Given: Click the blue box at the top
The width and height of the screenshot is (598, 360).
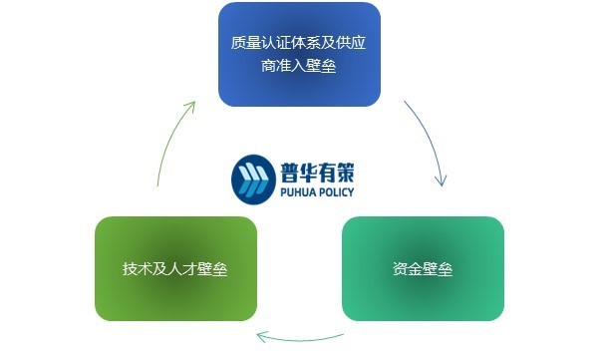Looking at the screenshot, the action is click(299, 55).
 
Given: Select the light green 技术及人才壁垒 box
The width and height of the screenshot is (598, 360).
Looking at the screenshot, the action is click(175, 269).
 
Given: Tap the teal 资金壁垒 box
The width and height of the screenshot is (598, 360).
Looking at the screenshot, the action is click(423, 269).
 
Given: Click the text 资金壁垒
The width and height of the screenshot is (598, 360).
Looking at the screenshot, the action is click(423, 269).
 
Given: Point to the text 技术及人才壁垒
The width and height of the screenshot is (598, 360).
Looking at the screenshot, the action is click(175, 269).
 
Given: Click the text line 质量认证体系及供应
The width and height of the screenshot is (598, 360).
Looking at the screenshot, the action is click(299, 43).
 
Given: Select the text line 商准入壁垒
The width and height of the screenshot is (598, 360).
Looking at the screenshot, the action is click(299, 68).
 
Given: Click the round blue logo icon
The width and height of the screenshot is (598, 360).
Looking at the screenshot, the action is click(250, 177).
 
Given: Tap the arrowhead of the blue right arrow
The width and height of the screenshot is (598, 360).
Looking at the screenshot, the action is click(441, 180).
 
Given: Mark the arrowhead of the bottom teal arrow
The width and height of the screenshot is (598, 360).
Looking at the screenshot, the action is click(261, 336).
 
